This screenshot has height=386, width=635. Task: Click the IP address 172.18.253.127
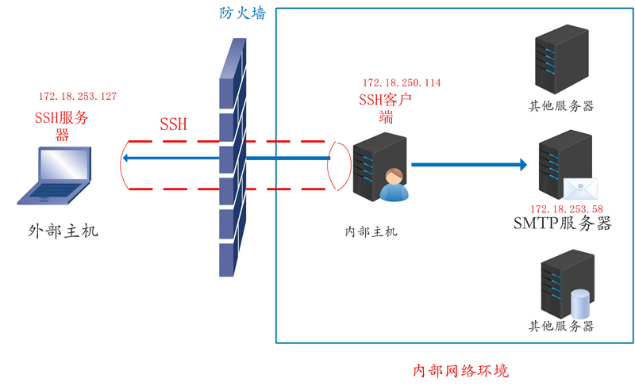[78, 97]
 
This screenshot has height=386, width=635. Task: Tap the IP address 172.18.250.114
[402, 82]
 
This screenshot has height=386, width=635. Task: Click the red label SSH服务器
[61, 126]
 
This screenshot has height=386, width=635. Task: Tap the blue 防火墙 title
[243, 13]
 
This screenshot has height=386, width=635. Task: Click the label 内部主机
[371, 231]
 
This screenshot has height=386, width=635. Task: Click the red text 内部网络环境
[461, 371]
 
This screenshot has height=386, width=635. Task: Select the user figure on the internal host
[394, 185]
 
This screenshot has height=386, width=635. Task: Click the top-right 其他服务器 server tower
[562, 60]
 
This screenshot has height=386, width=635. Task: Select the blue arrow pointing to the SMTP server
[468, 165]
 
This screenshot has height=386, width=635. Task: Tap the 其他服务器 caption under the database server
[562, 326]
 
